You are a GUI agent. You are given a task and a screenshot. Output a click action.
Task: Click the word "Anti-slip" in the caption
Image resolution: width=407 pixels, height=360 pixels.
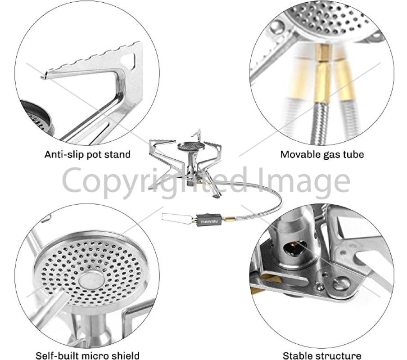coord(64,154)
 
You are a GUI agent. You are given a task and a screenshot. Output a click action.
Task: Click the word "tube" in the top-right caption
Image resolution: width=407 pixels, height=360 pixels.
coord(353,154)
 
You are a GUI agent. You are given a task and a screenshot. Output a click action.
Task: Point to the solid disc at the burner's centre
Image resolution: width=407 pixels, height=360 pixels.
coord(91,280)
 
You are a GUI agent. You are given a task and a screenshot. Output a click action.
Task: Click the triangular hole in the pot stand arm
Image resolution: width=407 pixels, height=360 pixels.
coord(130,60)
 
